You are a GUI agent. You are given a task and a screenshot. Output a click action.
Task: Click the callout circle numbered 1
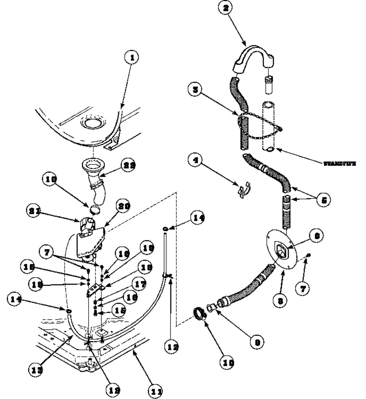132,58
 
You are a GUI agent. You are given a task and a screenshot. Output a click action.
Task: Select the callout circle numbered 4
197,161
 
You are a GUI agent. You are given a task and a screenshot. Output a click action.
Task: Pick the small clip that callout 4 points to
242,190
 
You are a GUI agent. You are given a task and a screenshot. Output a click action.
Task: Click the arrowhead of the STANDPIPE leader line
277,149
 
